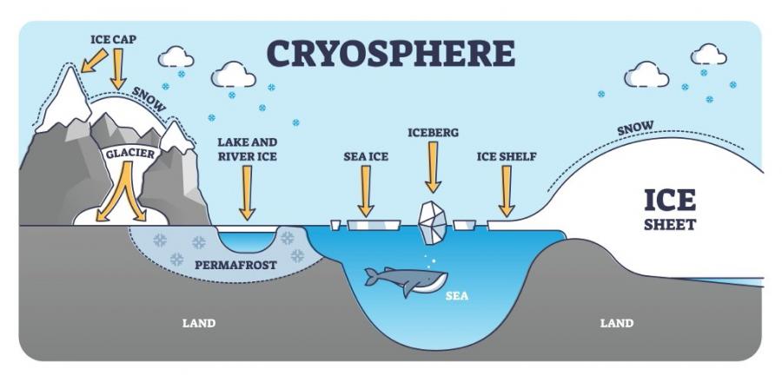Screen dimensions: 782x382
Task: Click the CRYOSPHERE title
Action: point(390,54)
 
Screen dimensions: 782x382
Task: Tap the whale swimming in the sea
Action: point(407,280)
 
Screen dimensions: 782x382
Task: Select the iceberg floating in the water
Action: point(433,222)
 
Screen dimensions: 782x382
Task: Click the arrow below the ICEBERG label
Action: point(433,167)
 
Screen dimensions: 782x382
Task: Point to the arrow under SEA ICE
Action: point(366,191)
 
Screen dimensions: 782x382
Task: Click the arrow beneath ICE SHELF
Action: point(507,191)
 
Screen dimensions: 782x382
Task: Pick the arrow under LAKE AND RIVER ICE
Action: point(247,192)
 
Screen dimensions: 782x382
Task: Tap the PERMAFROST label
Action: point(235,265)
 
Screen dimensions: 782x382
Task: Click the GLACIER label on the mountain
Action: point(130,154)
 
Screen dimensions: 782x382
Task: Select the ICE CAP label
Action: point(113,39)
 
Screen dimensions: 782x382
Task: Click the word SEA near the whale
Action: point(457,296)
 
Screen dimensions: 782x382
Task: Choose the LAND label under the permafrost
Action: point(199,323)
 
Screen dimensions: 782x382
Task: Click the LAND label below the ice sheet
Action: point(616,323)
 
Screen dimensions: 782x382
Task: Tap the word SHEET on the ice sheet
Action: point(669,225)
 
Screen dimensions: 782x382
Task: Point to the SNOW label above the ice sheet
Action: point(635,128)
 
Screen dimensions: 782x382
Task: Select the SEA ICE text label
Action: point(366,157)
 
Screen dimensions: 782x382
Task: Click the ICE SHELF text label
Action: point(507,157)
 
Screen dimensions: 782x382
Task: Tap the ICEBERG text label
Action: point(433,133)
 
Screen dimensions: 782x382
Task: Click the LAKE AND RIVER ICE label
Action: point(247,149)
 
